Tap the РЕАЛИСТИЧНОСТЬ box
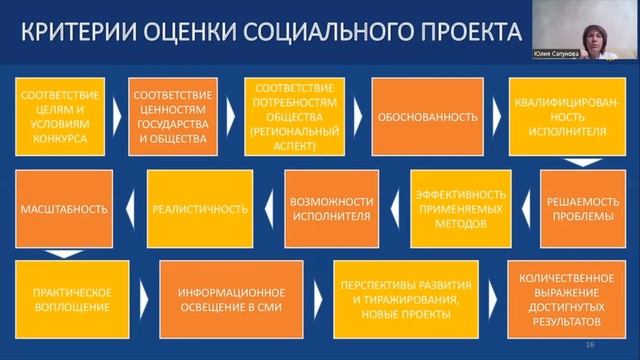(x=200, y=209)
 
